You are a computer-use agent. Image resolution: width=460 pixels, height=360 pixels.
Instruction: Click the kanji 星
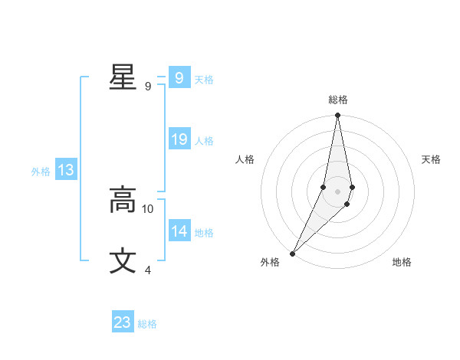click(x=123, y=77)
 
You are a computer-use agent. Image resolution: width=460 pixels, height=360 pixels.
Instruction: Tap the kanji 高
click(x=123, y=200)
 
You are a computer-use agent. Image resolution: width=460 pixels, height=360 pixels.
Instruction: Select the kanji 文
click(x=123, y=261)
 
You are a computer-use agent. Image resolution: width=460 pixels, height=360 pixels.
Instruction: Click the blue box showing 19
click(x=179, y=139)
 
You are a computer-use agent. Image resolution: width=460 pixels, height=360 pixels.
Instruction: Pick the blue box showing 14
click(x=179, y=231)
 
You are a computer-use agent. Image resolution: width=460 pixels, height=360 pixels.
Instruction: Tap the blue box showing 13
click(x=66, y=170)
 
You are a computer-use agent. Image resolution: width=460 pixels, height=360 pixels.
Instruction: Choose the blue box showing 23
click(x=123, y=322)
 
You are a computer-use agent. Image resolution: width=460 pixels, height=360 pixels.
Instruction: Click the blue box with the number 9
click(x=179, y=78)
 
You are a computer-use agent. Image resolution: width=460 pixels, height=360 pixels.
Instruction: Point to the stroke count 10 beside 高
click(x=148, y=208)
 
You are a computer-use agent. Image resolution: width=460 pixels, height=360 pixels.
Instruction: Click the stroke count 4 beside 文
click(x=148, y=270)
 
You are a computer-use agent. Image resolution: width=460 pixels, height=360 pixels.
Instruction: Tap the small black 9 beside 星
click(x=148, y=86)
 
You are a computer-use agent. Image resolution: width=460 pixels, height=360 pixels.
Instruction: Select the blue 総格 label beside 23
click(x=147, y=324)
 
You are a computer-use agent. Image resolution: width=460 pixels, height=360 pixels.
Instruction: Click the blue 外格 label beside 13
click(x=41, y=172)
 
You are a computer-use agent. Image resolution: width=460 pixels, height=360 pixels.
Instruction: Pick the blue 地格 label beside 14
click(x=204, y=233)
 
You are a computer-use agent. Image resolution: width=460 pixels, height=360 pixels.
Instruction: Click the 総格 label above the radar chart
click(x=338, y=100)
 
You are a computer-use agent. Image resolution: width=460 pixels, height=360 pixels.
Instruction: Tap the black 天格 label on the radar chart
click(x=432, y=159)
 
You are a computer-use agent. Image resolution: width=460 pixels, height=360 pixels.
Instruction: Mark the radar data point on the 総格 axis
click(x=338, y=116)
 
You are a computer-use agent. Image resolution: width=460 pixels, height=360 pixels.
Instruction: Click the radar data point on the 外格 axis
click(x=293, y=253)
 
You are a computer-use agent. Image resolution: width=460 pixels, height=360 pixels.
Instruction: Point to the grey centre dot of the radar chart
click(x=338, y=191)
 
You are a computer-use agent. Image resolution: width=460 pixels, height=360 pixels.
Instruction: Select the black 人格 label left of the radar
click(x=245, y=159)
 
